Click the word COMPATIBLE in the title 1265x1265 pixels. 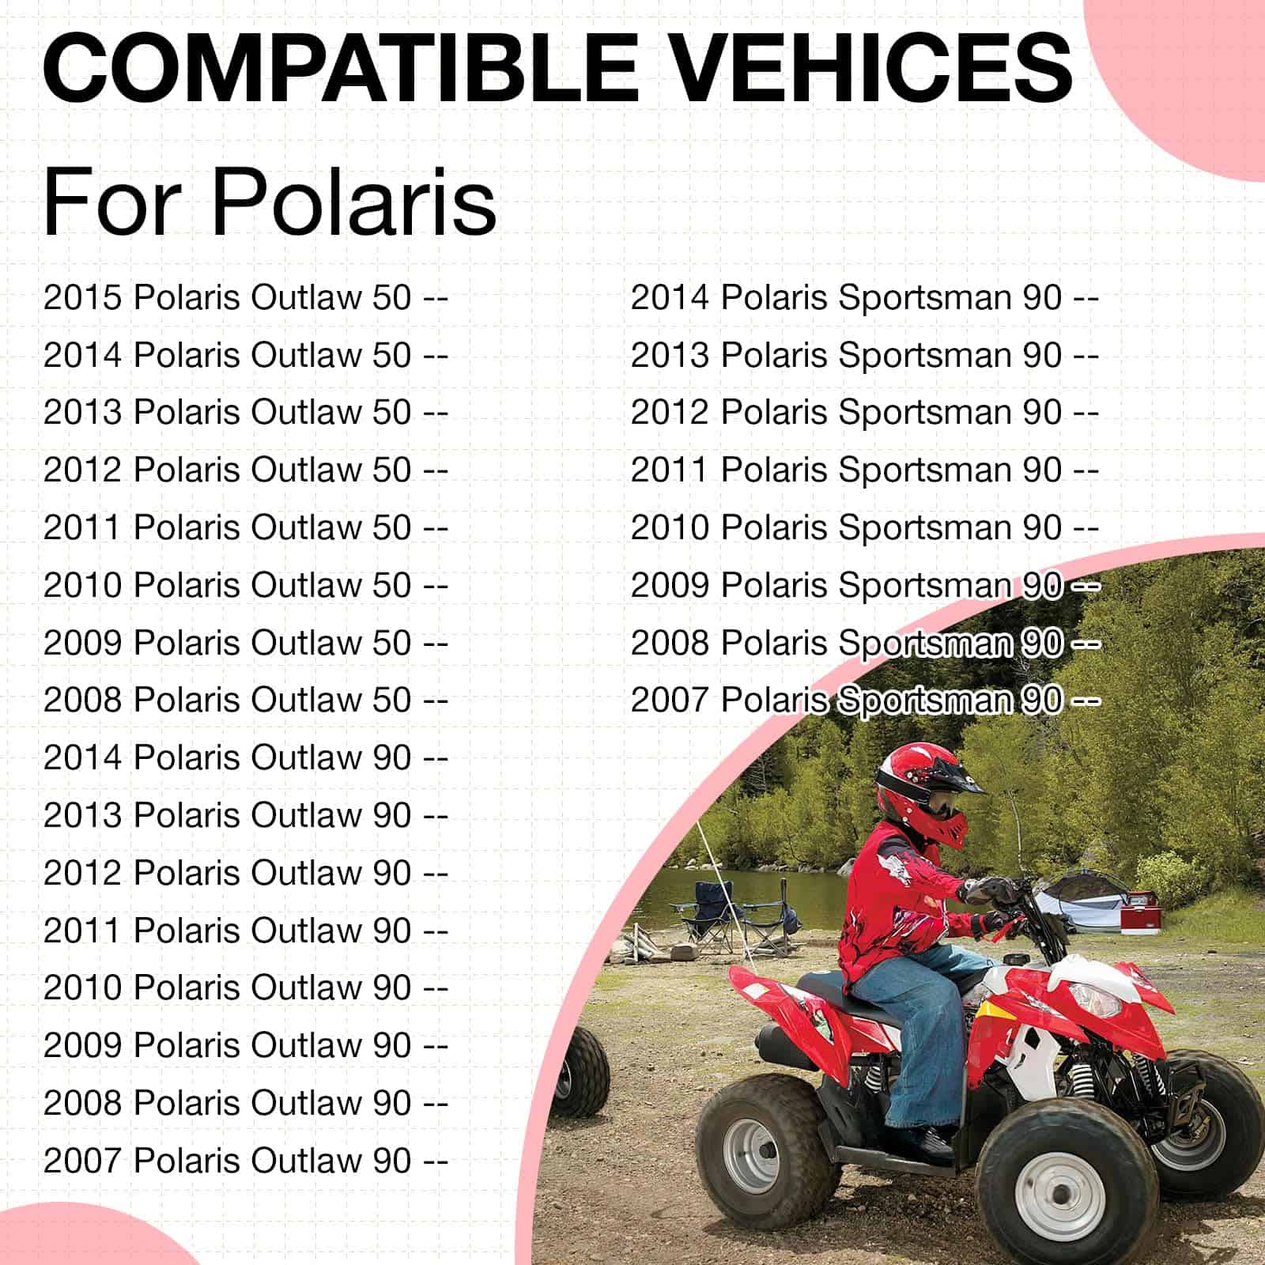(x=340, y=67)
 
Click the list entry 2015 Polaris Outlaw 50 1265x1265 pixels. (x=246, y=298)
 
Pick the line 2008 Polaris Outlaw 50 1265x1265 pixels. (x=246, y=700)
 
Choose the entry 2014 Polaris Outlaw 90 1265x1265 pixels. (x=246, y=758)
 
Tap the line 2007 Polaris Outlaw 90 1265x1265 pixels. (x=246, y=1161)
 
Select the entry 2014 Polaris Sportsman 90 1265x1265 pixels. (x=865, y=298)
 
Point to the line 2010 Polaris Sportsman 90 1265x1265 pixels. (x=865, y=528)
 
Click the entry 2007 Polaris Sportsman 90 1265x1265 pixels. (x=865, y=700)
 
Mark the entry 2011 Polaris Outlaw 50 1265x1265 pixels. (x=246, y=528)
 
